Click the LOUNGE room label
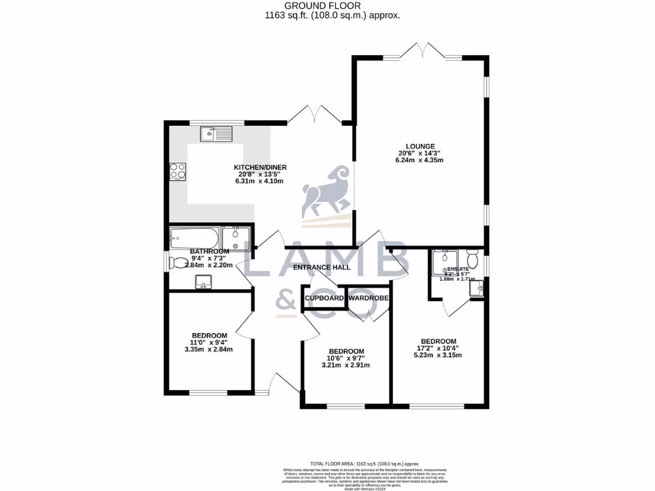tap(420, 146)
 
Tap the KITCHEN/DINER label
tap(260, 168)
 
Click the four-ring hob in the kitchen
tap(177, 171)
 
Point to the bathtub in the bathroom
tap(194, 238)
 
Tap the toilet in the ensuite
tap(473, 260)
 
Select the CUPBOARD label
tap(324, 298)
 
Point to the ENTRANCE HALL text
tap(322, 267)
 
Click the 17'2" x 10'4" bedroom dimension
tap(438, 348)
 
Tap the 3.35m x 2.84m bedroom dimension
tap(209, 350)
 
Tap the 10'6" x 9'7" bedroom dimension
tap(346, 359)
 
